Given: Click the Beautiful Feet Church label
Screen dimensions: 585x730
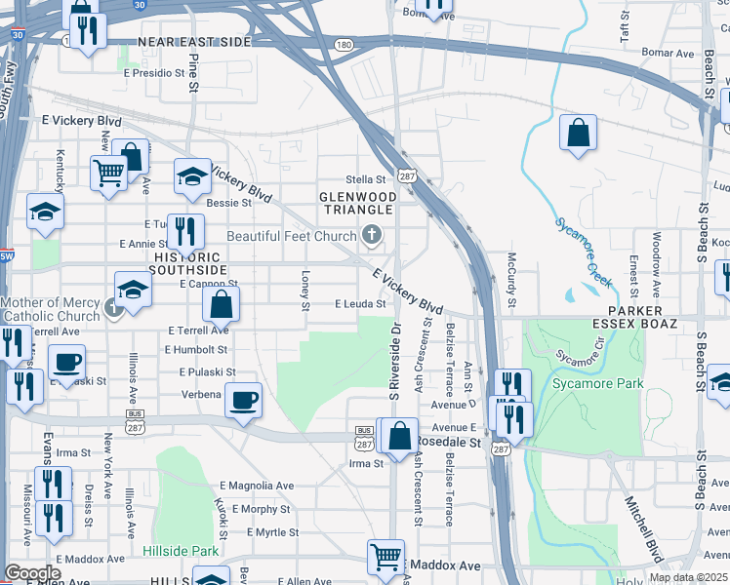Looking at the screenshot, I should click(x=292, y=236).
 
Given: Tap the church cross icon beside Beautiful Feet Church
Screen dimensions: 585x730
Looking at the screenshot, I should click(x=371, y=234).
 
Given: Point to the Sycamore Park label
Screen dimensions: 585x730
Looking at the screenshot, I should click(x=597, y=383).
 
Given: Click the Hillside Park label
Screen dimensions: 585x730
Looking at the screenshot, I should click(x=181, y=551).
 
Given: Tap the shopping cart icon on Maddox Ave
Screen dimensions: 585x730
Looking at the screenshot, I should click(x=386, y=557).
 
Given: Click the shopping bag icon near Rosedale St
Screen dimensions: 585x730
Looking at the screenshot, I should click(x=399, y=435).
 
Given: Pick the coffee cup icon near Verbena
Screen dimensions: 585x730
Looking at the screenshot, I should click(x=243, y=399).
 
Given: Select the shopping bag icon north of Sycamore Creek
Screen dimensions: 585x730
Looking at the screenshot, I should click(x=578, y=132).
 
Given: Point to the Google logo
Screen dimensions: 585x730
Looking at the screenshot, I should click(x=32, y=572).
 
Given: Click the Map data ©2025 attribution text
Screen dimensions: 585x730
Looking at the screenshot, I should click(x=687, y=577).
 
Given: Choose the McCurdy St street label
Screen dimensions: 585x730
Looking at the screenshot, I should click(x=510, y=277).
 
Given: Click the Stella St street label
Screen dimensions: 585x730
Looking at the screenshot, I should click(x=367, y=179).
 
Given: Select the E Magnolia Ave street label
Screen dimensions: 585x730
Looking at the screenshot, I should click(x=257, y=486).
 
